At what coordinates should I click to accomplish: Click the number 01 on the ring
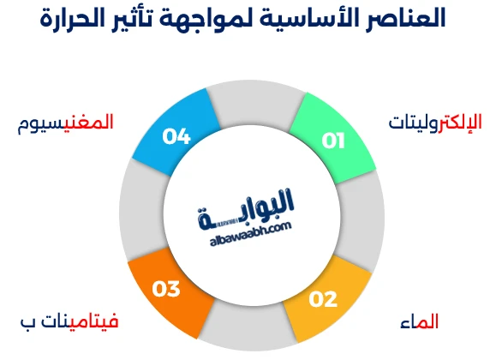[x=332, y=141]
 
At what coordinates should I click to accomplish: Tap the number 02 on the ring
[x=324, y=299]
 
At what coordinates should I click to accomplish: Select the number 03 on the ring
[x=165, y=289]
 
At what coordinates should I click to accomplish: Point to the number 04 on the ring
[x=175, y=136]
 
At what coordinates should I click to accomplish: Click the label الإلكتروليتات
[x=434, y=123]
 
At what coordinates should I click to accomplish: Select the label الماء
[x=419, y=322]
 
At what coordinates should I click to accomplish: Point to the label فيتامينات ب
[x=69, y=322]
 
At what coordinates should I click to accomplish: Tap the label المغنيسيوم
[x=66, y=123]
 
